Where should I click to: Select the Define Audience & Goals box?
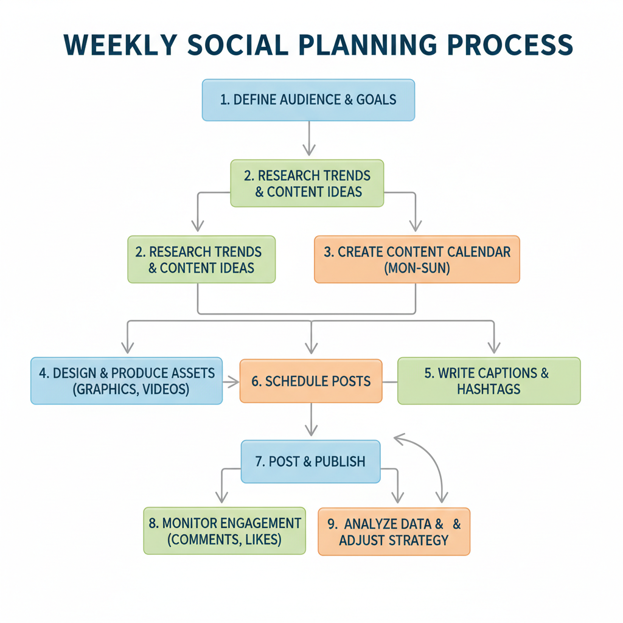308,100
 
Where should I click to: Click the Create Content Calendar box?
417,260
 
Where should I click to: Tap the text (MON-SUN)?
417,268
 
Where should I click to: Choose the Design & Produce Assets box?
127,381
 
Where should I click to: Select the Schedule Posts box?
311,381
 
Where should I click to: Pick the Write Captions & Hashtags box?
489,381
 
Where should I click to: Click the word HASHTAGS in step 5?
489,389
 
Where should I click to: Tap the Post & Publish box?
310,461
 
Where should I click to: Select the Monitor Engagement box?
224,531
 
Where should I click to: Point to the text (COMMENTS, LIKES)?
224,539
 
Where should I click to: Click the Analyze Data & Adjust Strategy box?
394,531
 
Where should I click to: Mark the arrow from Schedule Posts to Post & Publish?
311,420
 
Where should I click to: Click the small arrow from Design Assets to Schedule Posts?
231,381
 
